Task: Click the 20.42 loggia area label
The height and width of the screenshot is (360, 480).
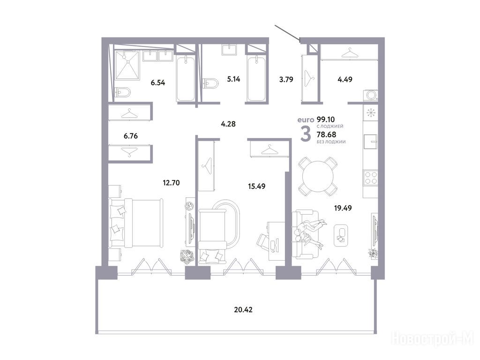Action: (243, 310)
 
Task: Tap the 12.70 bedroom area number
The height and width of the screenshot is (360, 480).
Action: (171, 183)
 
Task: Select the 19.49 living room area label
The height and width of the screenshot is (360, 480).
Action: (343, 208)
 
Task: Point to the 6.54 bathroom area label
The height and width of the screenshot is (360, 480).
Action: (157, 82)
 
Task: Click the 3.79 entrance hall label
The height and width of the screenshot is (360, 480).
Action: (286, 80)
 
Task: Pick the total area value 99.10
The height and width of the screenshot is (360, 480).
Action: (326, 120)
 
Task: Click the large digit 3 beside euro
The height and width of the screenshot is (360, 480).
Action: (306, 134)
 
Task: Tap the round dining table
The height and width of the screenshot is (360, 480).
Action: (318, 176)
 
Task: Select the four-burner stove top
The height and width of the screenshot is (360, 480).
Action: (370, 177)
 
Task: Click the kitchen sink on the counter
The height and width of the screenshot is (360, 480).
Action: (370, 142)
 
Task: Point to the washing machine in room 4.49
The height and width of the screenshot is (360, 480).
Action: (371, 95)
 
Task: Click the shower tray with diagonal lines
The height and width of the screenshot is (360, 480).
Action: (127, 65)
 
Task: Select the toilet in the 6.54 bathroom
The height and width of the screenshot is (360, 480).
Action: (122, 91)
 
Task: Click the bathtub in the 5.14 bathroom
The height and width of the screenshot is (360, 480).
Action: (256, 78)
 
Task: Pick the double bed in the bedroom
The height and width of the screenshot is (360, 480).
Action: (135, 223)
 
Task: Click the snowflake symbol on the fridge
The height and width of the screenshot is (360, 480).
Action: (371, 112)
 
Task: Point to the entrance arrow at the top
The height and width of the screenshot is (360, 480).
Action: (287, 33)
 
